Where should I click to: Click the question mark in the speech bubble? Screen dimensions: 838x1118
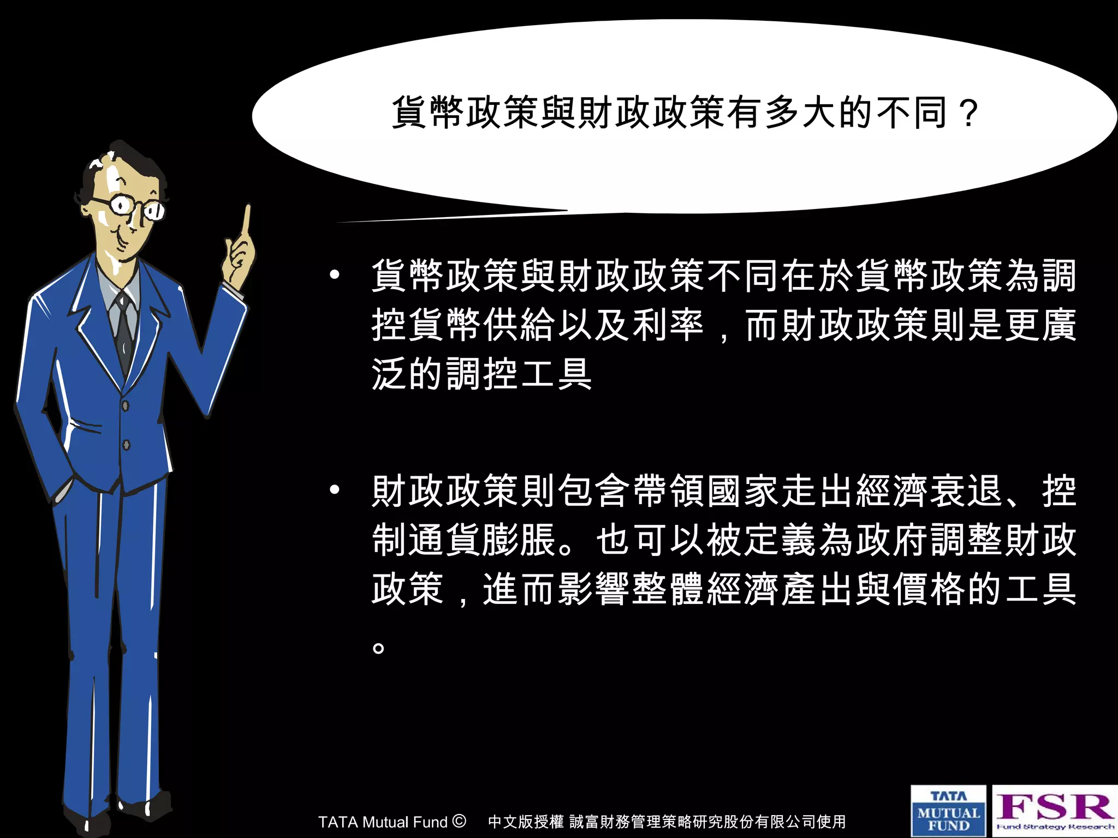(969, 113)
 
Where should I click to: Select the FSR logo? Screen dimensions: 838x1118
(1055, 810)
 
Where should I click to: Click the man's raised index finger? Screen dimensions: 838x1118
(247, 224)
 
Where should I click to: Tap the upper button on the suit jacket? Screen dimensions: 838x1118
(126, 405)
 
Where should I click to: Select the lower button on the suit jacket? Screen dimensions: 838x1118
(126, 445)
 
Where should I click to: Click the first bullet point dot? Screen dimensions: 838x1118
(335, 274)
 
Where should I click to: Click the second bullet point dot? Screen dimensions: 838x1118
(335, 489)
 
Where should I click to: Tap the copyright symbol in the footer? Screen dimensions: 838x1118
(459, 821)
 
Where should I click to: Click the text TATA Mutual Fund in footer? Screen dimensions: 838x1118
(383, 822)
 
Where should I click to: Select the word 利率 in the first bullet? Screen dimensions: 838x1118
(667, 325)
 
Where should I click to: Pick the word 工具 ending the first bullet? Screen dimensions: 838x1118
(556, 374)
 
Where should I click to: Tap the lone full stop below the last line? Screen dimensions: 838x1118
(378, 648)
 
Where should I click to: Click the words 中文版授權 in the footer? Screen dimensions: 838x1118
(525, 822)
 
